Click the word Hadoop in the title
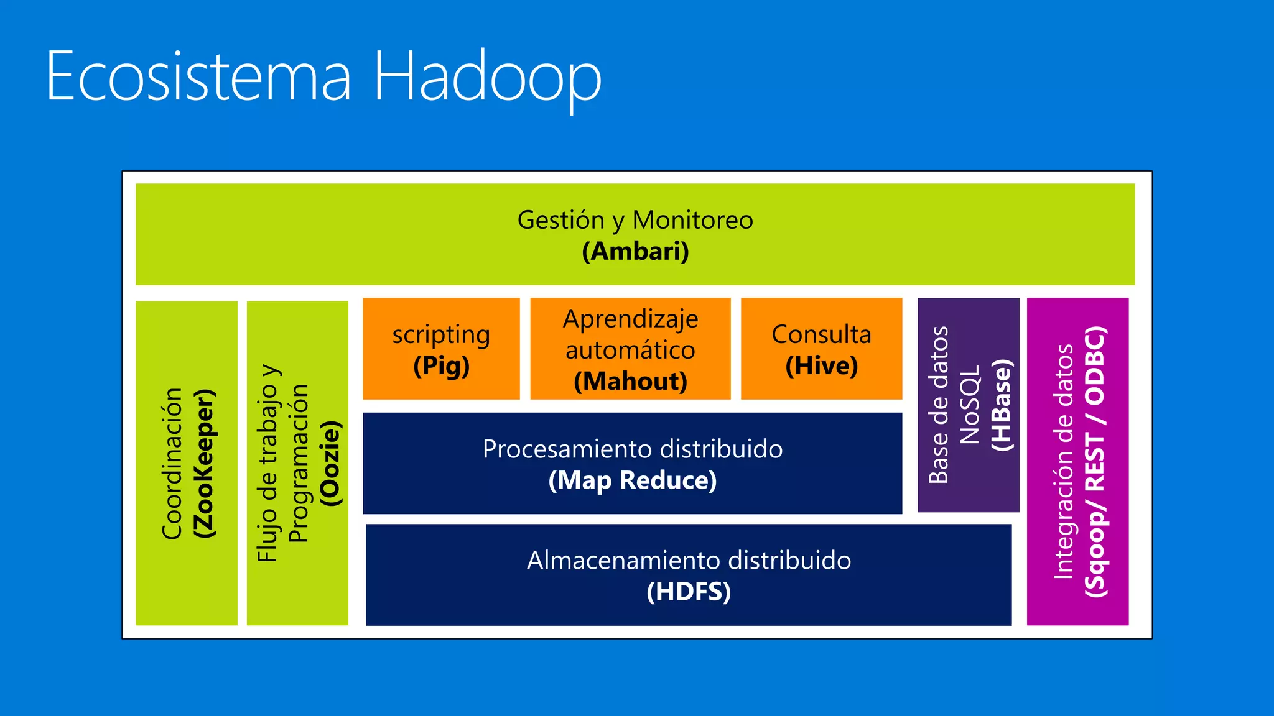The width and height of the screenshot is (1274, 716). [x=487, y=77]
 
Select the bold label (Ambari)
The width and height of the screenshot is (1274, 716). [x=635, y=252]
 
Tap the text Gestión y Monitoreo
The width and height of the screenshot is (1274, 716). [x=635, y=220]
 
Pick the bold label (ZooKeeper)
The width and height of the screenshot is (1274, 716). [x=204, y=464]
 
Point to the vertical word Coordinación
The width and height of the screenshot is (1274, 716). [x=172, y=464]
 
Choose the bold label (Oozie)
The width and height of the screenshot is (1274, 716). [x=330, y=464]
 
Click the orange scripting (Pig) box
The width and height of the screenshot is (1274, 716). [x=441, y=349]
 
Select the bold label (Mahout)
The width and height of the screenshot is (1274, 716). [x=630, y=381]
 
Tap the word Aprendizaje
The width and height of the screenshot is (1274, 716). [x=630, y=319]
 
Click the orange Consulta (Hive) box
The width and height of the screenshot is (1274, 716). [x=821, y=349]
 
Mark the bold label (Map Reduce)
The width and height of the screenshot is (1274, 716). [x=632, y=480]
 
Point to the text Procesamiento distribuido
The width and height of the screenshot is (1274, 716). [x=632, y=449]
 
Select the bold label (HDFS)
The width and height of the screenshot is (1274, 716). [x=689, y=591]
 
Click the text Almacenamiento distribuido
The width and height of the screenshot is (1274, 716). [x=689, y=560]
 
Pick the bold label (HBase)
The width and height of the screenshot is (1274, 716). [x=1002, y=405]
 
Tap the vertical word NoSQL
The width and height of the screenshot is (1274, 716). [x=970, y=405]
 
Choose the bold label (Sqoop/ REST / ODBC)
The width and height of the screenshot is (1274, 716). [x=1095, y=462]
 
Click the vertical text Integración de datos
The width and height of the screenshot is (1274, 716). [x=1063, y=462]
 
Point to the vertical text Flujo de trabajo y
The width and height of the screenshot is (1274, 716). [x=267, y=464]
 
